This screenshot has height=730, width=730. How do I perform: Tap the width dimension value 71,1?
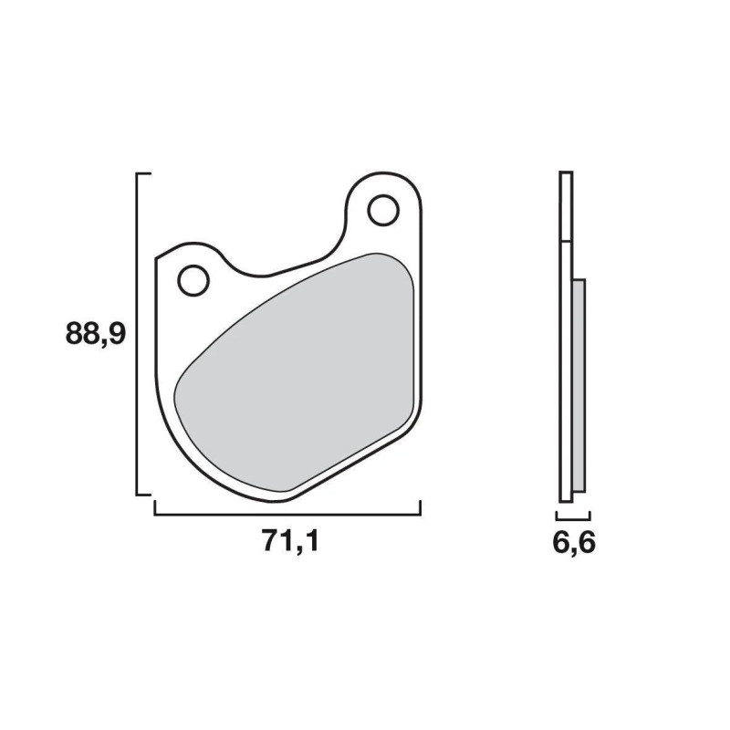pos(290,542)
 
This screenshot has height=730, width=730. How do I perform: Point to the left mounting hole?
pos(194,280)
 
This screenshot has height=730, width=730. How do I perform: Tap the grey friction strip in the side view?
pos(579,383)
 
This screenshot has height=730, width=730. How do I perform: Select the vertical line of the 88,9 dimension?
pos(137,334)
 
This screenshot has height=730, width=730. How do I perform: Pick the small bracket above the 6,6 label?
pos(573,516)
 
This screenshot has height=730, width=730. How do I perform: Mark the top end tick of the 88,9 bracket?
pos(142,173)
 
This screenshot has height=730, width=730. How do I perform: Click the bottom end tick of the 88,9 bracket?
pos(142,494)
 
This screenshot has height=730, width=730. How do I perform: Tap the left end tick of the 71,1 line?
pos(155,507)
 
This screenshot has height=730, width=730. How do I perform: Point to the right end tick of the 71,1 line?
pos(420,507)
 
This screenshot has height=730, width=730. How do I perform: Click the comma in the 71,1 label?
pos(294,550)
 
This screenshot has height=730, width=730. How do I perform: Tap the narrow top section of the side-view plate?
pos(566,205)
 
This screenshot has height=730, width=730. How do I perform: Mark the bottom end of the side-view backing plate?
pos(566,497)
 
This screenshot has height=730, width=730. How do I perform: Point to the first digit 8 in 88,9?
pos(76,334)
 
